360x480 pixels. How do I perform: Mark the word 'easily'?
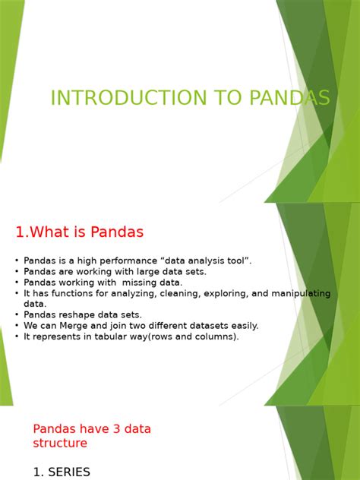coord(242,325)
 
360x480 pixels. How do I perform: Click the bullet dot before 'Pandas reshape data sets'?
coord(17,314)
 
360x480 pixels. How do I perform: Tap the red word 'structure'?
coord(60,443)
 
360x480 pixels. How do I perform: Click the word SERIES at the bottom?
coord(69,472)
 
